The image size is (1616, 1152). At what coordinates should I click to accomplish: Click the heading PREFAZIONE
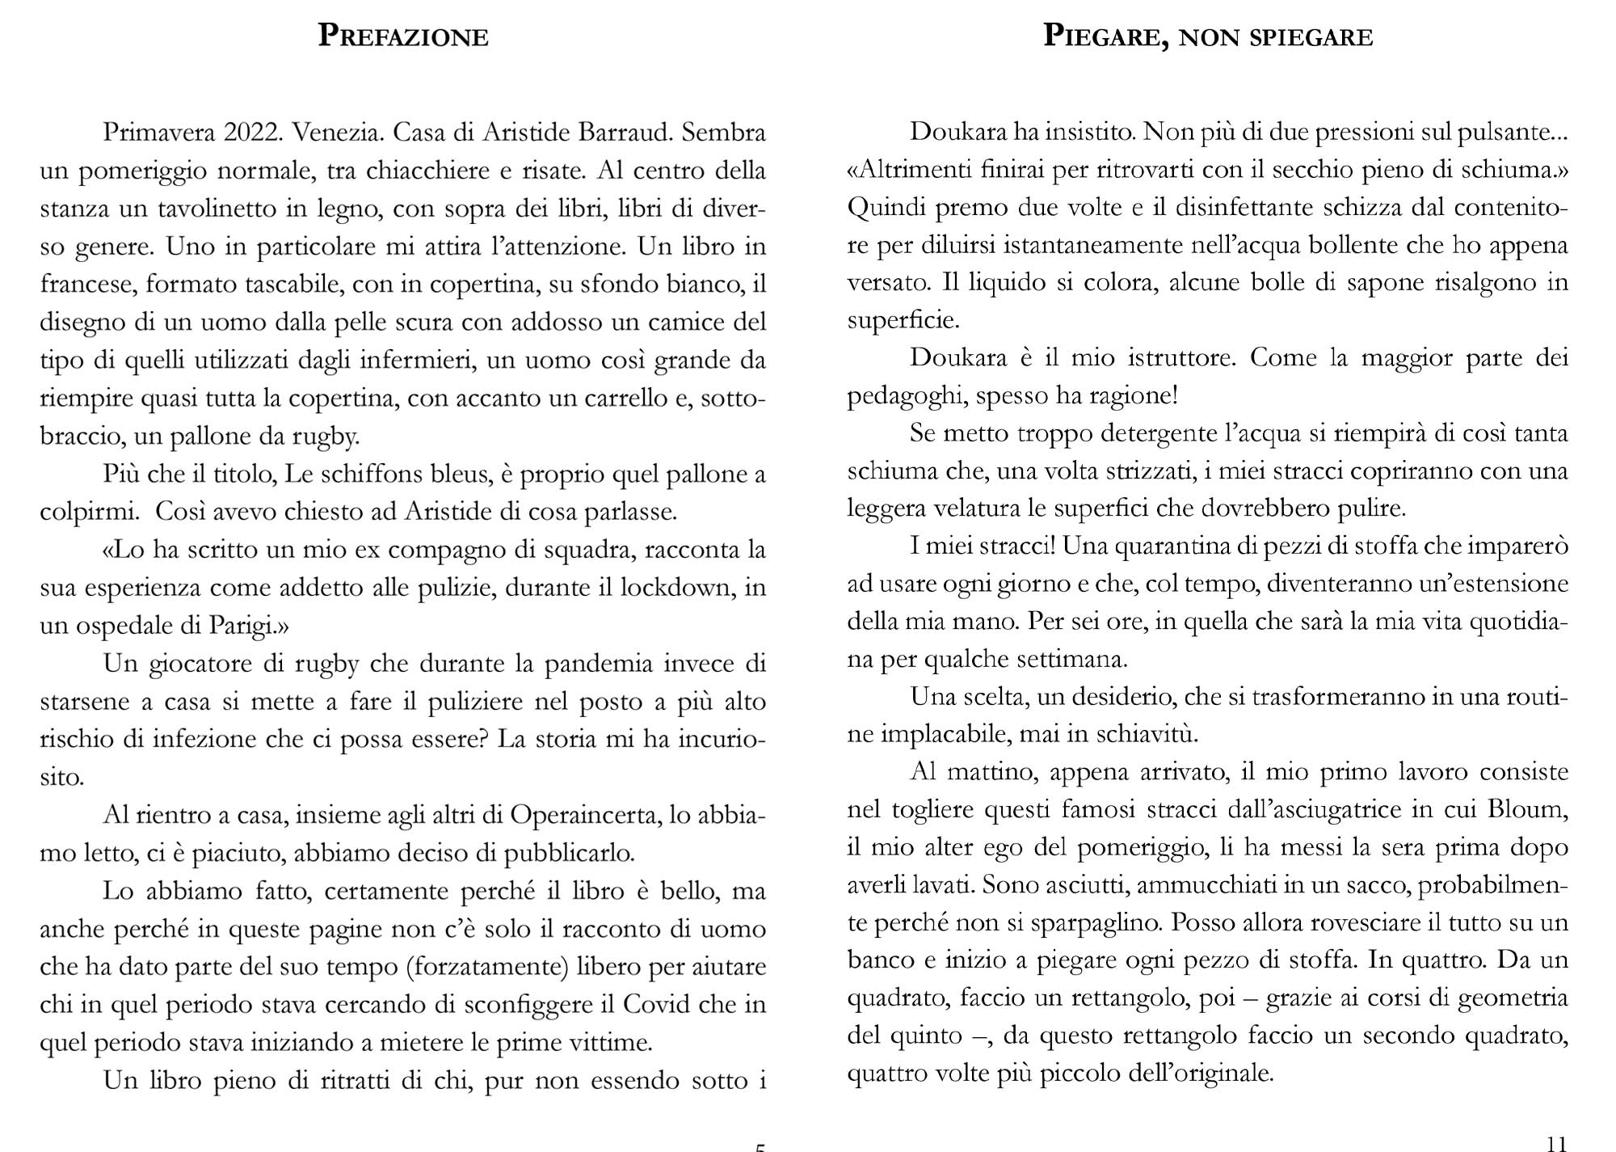tap(403, 36)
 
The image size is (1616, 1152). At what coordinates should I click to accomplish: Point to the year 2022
tap(250, 133)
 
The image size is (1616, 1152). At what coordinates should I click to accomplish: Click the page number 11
tap(1555, 1141)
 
